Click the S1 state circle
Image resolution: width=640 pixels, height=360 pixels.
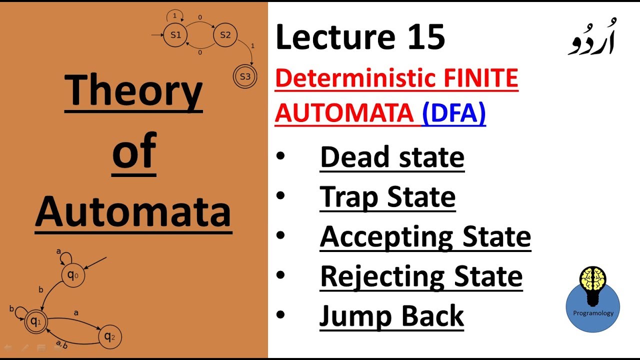click(175, 35)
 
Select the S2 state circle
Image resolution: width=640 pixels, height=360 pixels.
click(225, 35)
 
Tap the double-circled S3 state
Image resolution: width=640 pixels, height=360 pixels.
click(245, 76)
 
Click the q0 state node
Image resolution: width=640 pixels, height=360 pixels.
click(73, 275)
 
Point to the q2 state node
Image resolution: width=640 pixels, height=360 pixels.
click(109, 337)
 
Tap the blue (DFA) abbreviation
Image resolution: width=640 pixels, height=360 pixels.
click(453, 113)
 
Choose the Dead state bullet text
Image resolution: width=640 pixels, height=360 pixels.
click(392, 157)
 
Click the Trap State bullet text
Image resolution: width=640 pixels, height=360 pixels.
click(387, 196)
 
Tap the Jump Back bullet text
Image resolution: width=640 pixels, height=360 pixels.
click(391, 316)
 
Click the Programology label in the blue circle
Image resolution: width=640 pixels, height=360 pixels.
click(593, 313)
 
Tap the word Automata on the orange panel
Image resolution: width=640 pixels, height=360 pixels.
click(133, 211)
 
